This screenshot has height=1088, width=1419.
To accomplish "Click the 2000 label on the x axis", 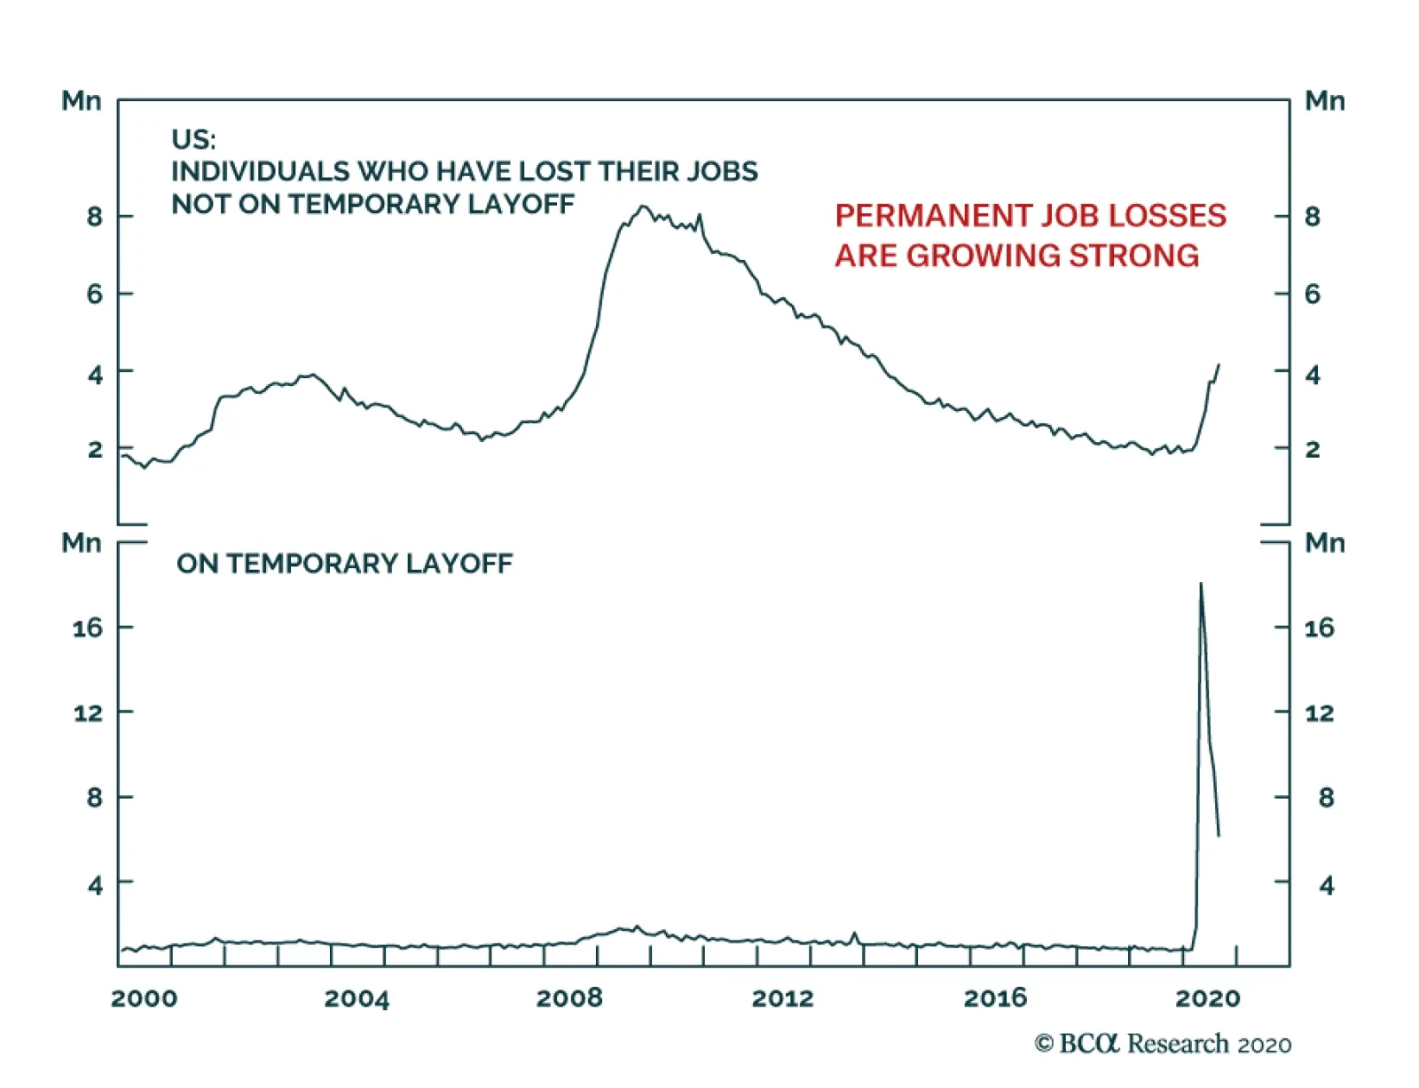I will [x=144, y=998].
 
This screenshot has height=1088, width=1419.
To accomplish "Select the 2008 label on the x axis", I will [x=568, y=998].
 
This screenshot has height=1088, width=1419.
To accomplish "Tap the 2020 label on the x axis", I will [x=1207, y=998].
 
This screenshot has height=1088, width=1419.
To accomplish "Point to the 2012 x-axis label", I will [x=782, y=998].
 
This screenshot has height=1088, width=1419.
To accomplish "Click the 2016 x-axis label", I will [x=995, y=998].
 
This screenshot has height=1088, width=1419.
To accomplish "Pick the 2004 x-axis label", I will [x=357, y=998].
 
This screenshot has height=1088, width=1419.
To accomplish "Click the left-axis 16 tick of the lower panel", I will [x=88, y=628].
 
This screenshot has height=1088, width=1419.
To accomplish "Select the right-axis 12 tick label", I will [x=1319, y=713].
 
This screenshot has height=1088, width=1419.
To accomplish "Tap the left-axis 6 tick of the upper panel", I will [x=95, y=294].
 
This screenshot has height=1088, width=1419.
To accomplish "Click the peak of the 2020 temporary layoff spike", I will [x=1201, y=584].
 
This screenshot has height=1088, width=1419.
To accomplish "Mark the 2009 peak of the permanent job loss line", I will [x=643, y=207].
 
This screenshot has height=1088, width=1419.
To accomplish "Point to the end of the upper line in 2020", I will [x=1219, y=365].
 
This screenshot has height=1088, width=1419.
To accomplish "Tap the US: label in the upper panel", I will [x=193, y=139].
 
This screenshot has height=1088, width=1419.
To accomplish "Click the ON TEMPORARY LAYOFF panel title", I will [x=344, y=564].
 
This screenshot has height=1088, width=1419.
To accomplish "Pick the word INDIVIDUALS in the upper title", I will [x=260, y=171].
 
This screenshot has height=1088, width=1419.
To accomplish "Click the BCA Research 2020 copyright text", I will [x=1162, y=1044].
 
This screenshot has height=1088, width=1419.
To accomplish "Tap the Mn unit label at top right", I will [x=1324, y=101].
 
